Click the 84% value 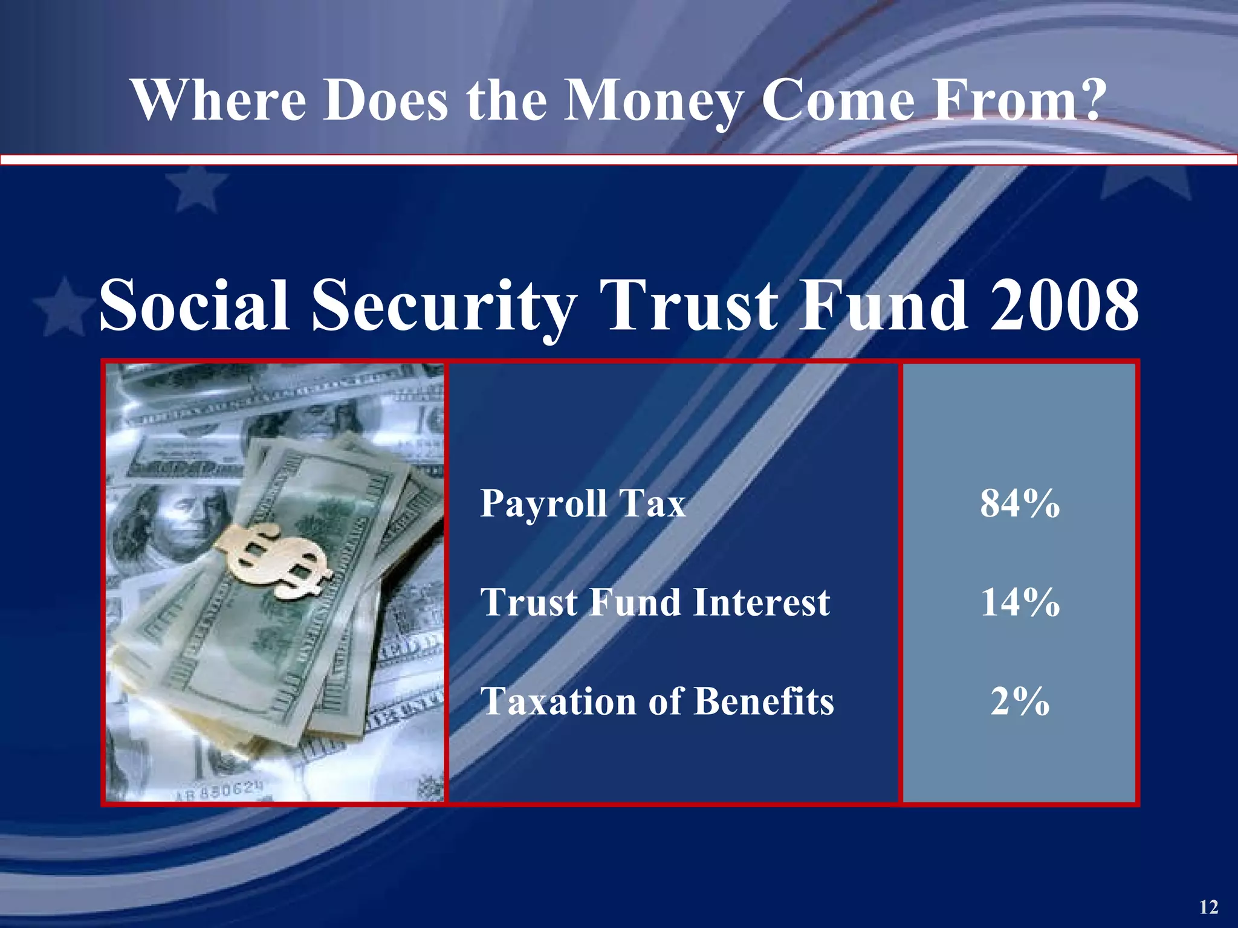(1020, 503)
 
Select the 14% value (1020, 602)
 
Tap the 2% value (1020, 701)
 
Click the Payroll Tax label (583, 503)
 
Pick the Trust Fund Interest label (655, 602)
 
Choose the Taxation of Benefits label (657, 701)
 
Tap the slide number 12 (1208, 907)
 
